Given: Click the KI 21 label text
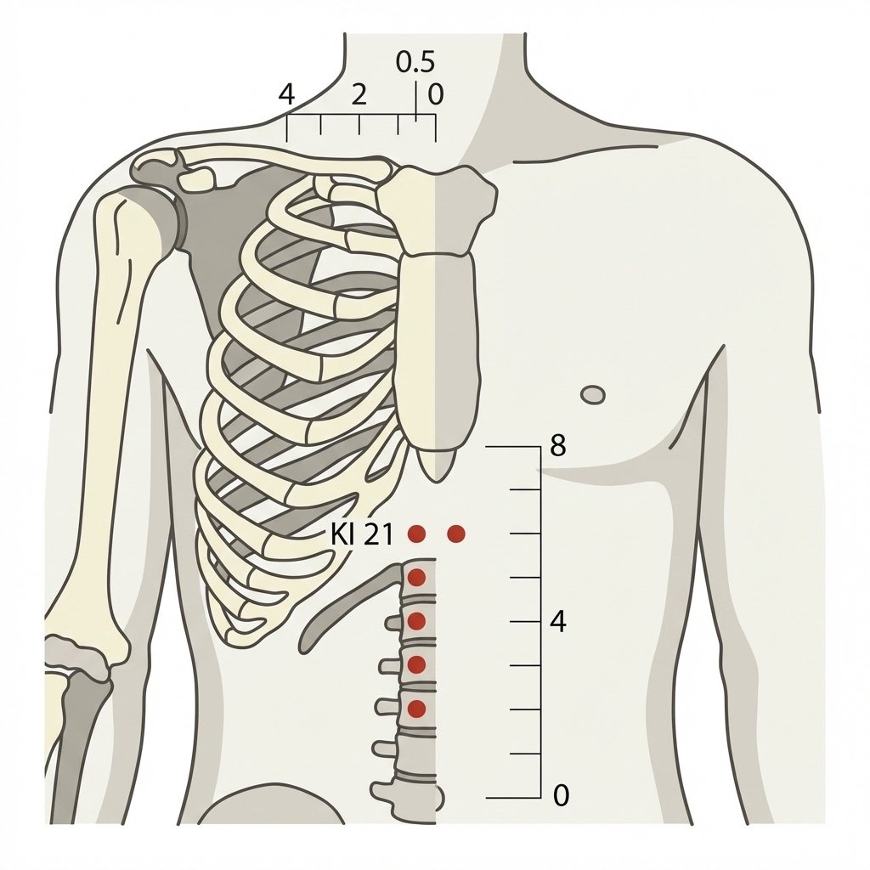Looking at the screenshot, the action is click(x=362, y=535).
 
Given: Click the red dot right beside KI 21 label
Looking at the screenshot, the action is click(x=416, y=534).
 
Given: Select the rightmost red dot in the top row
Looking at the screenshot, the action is click(x=456, y=534).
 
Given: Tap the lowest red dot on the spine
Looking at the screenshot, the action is click(x=416, y=709).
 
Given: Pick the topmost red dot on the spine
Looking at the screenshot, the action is click(x=416, y=578).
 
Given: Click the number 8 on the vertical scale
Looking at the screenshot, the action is click(x=558, y=445).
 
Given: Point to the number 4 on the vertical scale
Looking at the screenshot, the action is click(x=558, y=622).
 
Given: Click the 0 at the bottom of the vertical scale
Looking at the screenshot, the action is click(x=561, y=795).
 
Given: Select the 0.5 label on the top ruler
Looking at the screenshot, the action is click(x=415, y=62).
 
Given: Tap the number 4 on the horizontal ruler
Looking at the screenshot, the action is click(x=286, y=95).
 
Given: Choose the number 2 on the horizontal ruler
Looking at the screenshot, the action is click(x=359, y=95).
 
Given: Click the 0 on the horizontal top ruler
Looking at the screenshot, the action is click(x=436, y=94).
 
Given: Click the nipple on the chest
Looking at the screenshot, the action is click(x=592, y=395).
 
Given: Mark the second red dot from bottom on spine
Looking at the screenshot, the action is click(x=416, y=664).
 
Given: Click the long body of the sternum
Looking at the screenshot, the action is click(x=436, y=349).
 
